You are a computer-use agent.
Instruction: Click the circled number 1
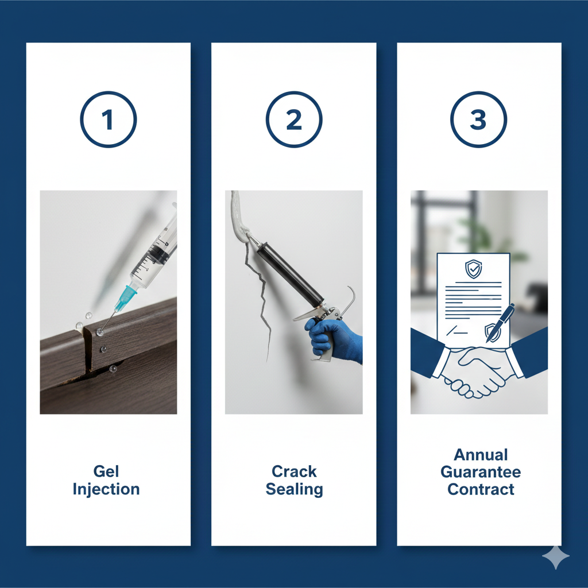pyautogui.click(x=109, y=119)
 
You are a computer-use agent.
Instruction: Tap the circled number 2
pyautogui.click(x=294, y=119)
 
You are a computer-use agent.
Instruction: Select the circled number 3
pyautogui.click(x=478, y=119)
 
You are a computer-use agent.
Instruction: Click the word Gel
pyautogui.click(x=106, y=471)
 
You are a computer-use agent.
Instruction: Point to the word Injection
pyautogui.click(x=106, y=489)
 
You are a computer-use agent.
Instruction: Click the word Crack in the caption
pyautogui.click(x=294, y=471)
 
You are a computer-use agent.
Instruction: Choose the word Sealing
pyautogui.click(x=294, y=489)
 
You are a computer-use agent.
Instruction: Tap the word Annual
pyautogui.click(x=481, y=455)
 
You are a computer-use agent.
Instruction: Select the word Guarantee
pyautogui.click(x=481, y=472)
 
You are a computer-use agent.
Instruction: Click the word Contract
pyautogui.click(x=481, y=489)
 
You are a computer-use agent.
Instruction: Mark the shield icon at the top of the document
pyautogui.click(x=473, y=269)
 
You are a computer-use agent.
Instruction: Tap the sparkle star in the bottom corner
pyautogui.click(x=556, y=557)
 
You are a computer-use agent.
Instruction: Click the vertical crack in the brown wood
pyautogui.click(x=87, y=350)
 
